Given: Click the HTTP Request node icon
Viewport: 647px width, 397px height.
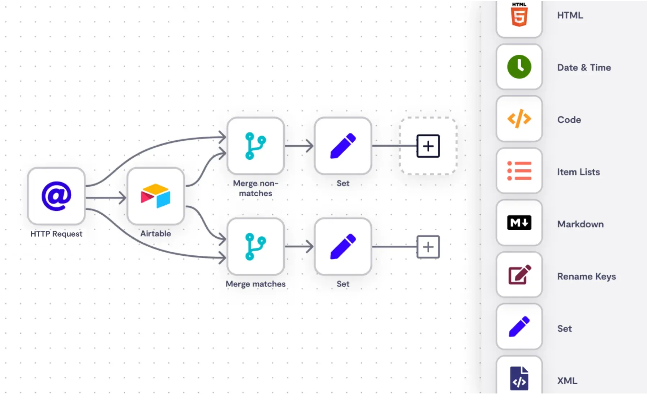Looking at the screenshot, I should coord(56,196).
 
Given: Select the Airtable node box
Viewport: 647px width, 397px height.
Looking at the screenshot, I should coord(156,196).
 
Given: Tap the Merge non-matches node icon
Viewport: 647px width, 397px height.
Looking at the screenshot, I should coord(255,146).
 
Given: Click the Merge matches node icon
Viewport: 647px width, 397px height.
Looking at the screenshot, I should coord(255,246).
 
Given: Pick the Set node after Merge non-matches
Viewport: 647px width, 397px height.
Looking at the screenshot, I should coord(343,146).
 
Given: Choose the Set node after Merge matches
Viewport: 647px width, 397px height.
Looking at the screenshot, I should coord(343,246).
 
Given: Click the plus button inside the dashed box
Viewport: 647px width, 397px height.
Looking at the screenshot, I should coord(428,146).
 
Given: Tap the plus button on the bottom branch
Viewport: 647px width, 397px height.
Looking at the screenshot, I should coord(428,247).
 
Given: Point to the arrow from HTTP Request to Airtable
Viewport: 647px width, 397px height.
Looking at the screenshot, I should coord(106,197).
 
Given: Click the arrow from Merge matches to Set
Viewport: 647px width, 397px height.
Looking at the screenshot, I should coord(299,247).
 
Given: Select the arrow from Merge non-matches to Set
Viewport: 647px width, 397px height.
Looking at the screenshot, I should coord(299,146).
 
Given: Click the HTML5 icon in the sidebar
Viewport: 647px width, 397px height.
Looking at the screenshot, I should coord(519,15).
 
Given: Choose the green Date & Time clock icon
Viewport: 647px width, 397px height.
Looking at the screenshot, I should coord(519,67).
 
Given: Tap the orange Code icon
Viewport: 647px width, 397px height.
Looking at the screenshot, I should coord(519,119).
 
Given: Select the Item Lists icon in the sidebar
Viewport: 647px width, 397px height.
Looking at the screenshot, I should coord(519,171).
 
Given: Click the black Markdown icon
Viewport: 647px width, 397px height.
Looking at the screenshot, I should coord(519,223).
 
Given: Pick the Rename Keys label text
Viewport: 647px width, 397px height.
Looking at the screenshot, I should coord(586,276).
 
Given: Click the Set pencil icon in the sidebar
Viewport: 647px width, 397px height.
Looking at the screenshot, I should coord(519,327).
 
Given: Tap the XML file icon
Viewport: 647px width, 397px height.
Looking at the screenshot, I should coord(519,378).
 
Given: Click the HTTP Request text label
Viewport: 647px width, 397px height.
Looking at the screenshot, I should coord(56,234).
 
